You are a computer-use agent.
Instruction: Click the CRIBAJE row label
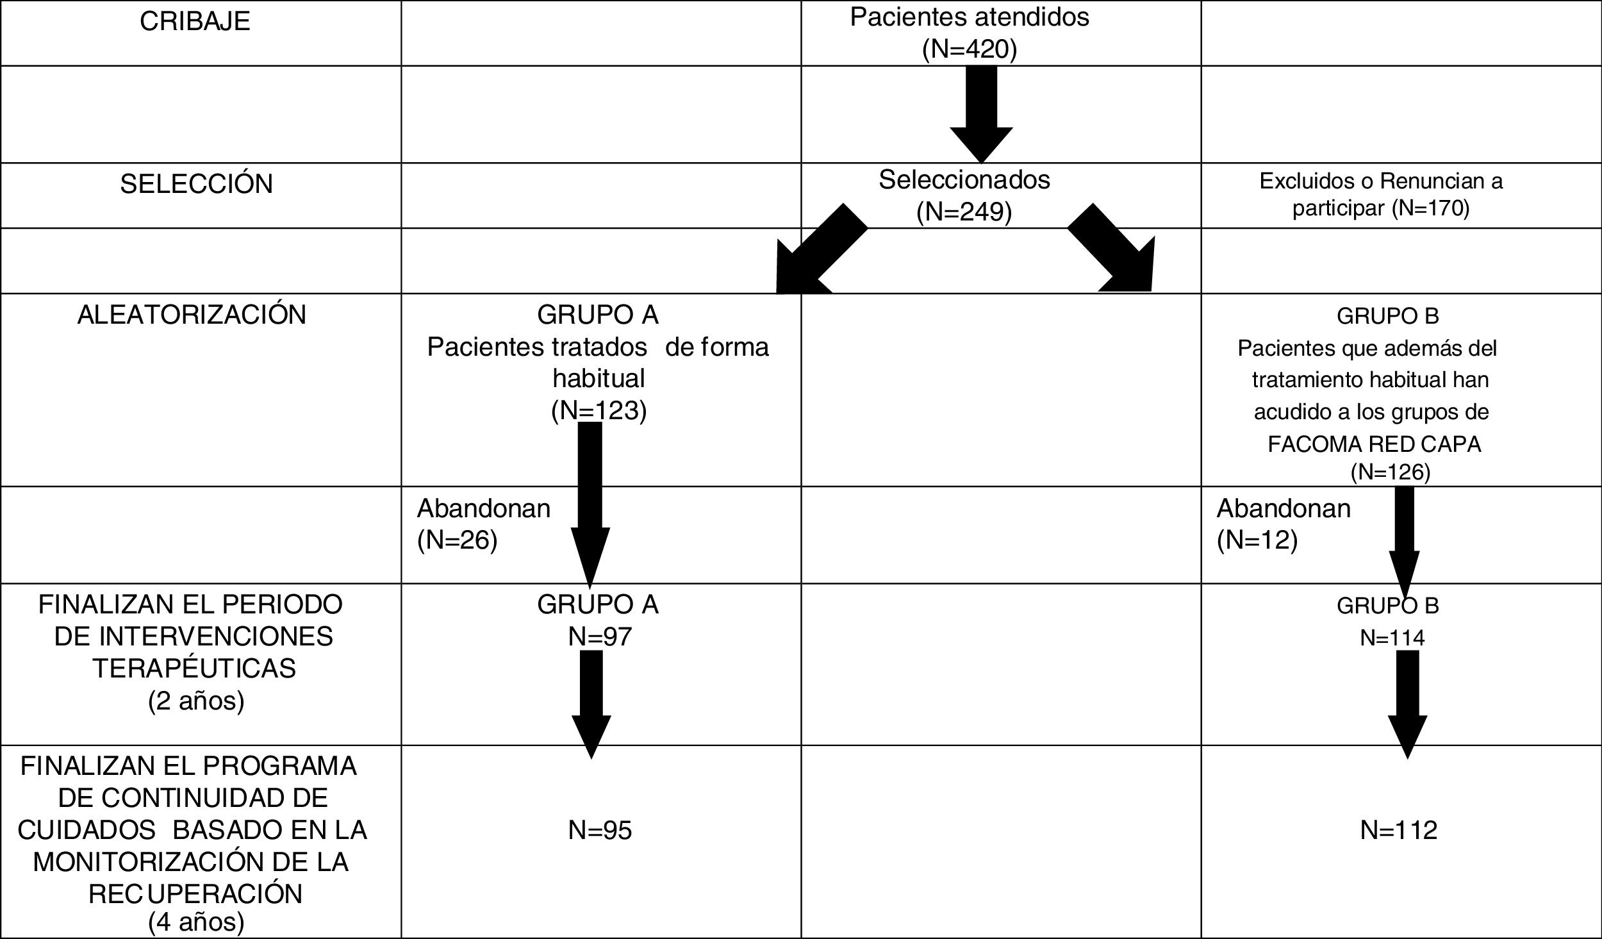195,22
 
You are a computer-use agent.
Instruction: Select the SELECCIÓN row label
196,184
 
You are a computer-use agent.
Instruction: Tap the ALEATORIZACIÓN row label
192,315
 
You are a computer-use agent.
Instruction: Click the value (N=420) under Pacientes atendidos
969,49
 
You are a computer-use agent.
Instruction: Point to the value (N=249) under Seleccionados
964,212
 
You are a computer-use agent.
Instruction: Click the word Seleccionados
964,180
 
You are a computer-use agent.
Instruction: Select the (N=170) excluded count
1430,209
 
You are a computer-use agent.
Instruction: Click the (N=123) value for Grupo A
599,410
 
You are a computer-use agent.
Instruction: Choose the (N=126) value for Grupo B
1390,472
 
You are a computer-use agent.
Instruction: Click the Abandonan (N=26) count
457,540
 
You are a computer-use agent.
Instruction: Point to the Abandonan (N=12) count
1257,540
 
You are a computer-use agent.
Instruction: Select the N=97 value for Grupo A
600,636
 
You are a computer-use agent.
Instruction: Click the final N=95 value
600,830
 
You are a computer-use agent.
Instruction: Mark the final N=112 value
1398,830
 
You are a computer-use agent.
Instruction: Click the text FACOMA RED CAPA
1374,444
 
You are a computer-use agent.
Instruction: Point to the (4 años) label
196,922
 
